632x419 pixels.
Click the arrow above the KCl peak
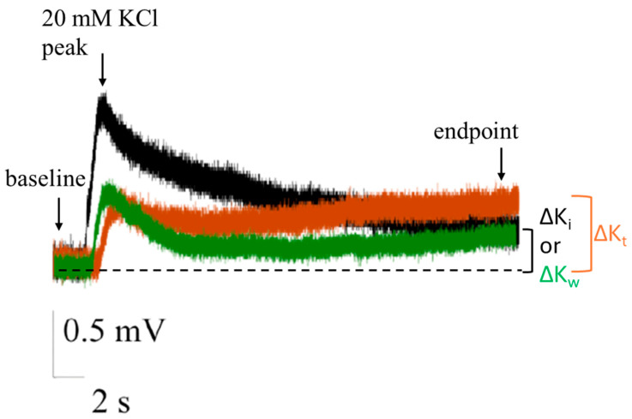[103, 73]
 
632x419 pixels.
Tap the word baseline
[42, 182]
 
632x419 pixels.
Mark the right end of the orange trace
[518, 201]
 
